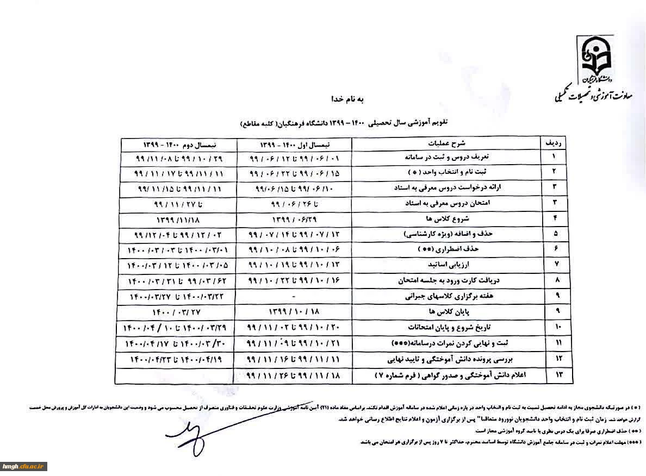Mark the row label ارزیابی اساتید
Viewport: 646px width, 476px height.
(x=448, y=266)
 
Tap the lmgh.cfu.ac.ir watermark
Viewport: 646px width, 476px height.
(x=24, y=466)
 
